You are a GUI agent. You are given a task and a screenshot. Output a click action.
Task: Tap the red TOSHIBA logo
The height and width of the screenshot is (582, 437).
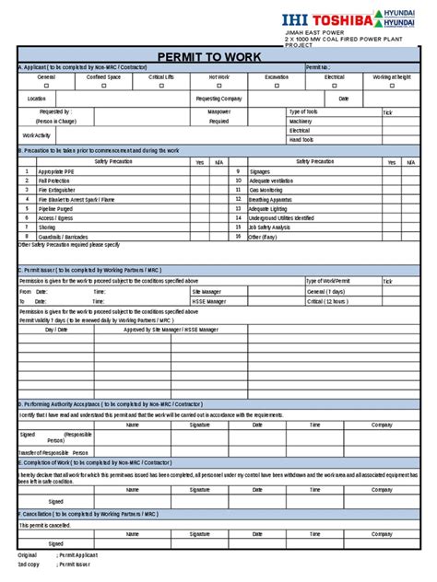[x=346, y=17]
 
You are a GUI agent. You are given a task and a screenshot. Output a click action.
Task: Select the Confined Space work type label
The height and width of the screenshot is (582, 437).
[x=102, y=77]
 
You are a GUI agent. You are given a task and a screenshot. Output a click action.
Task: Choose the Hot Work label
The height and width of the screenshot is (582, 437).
[x=219, y=77]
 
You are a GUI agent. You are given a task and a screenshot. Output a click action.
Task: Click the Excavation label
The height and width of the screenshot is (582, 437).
[x=276, y=77]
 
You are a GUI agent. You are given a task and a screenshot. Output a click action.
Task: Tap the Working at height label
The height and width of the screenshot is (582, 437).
[x=392, y=77]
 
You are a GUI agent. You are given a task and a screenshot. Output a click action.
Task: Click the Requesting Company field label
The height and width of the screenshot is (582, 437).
[x=219, y=98]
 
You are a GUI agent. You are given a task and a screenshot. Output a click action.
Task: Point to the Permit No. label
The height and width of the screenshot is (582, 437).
[x=318, y=67]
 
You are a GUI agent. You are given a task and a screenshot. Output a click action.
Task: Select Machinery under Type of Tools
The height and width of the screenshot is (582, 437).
[x=301, y=121]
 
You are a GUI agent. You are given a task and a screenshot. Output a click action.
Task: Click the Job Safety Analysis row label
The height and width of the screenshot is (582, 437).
[x=270, y=227]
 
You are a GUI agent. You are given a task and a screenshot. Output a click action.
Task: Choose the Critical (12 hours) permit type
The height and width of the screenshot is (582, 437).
[x=327, y=300]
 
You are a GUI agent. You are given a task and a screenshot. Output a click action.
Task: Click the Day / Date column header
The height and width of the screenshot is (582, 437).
[x=57, y=329]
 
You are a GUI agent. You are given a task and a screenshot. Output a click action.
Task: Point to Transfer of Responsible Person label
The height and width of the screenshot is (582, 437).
[x=54, y=453]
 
